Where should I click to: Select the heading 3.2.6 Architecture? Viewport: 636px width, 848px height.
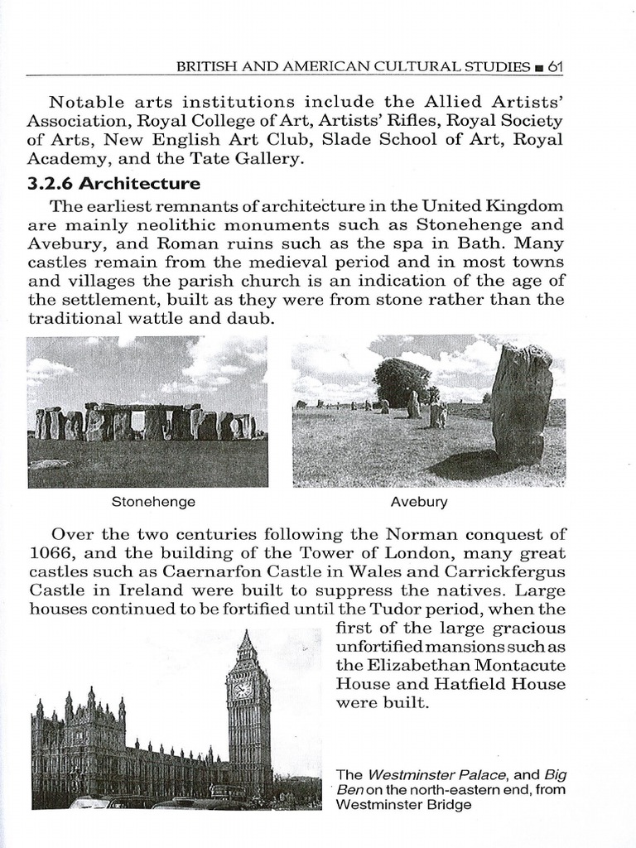click(113, 183)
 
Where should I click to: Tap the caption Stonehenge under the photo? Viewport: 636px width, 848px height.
click(153, 502)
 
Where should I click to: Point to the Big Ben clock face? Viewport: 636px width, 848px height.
click(243, 689)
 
